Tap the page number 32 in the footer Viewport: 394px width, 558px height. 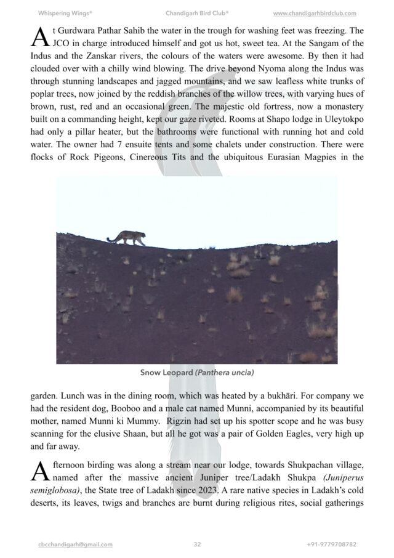coord(197,544)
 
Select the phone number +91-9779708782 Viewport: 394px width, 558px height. coord(332,544)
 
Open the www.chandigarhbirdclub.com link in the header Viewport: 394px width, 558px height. coord(314,13)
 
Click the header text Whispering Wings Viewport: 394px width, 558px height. coord(65,13)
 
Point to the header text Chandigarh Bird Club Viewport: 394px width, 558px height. coord(197,13)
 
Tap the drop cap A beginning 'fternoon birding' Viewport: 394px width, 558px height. coord(39,472)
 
